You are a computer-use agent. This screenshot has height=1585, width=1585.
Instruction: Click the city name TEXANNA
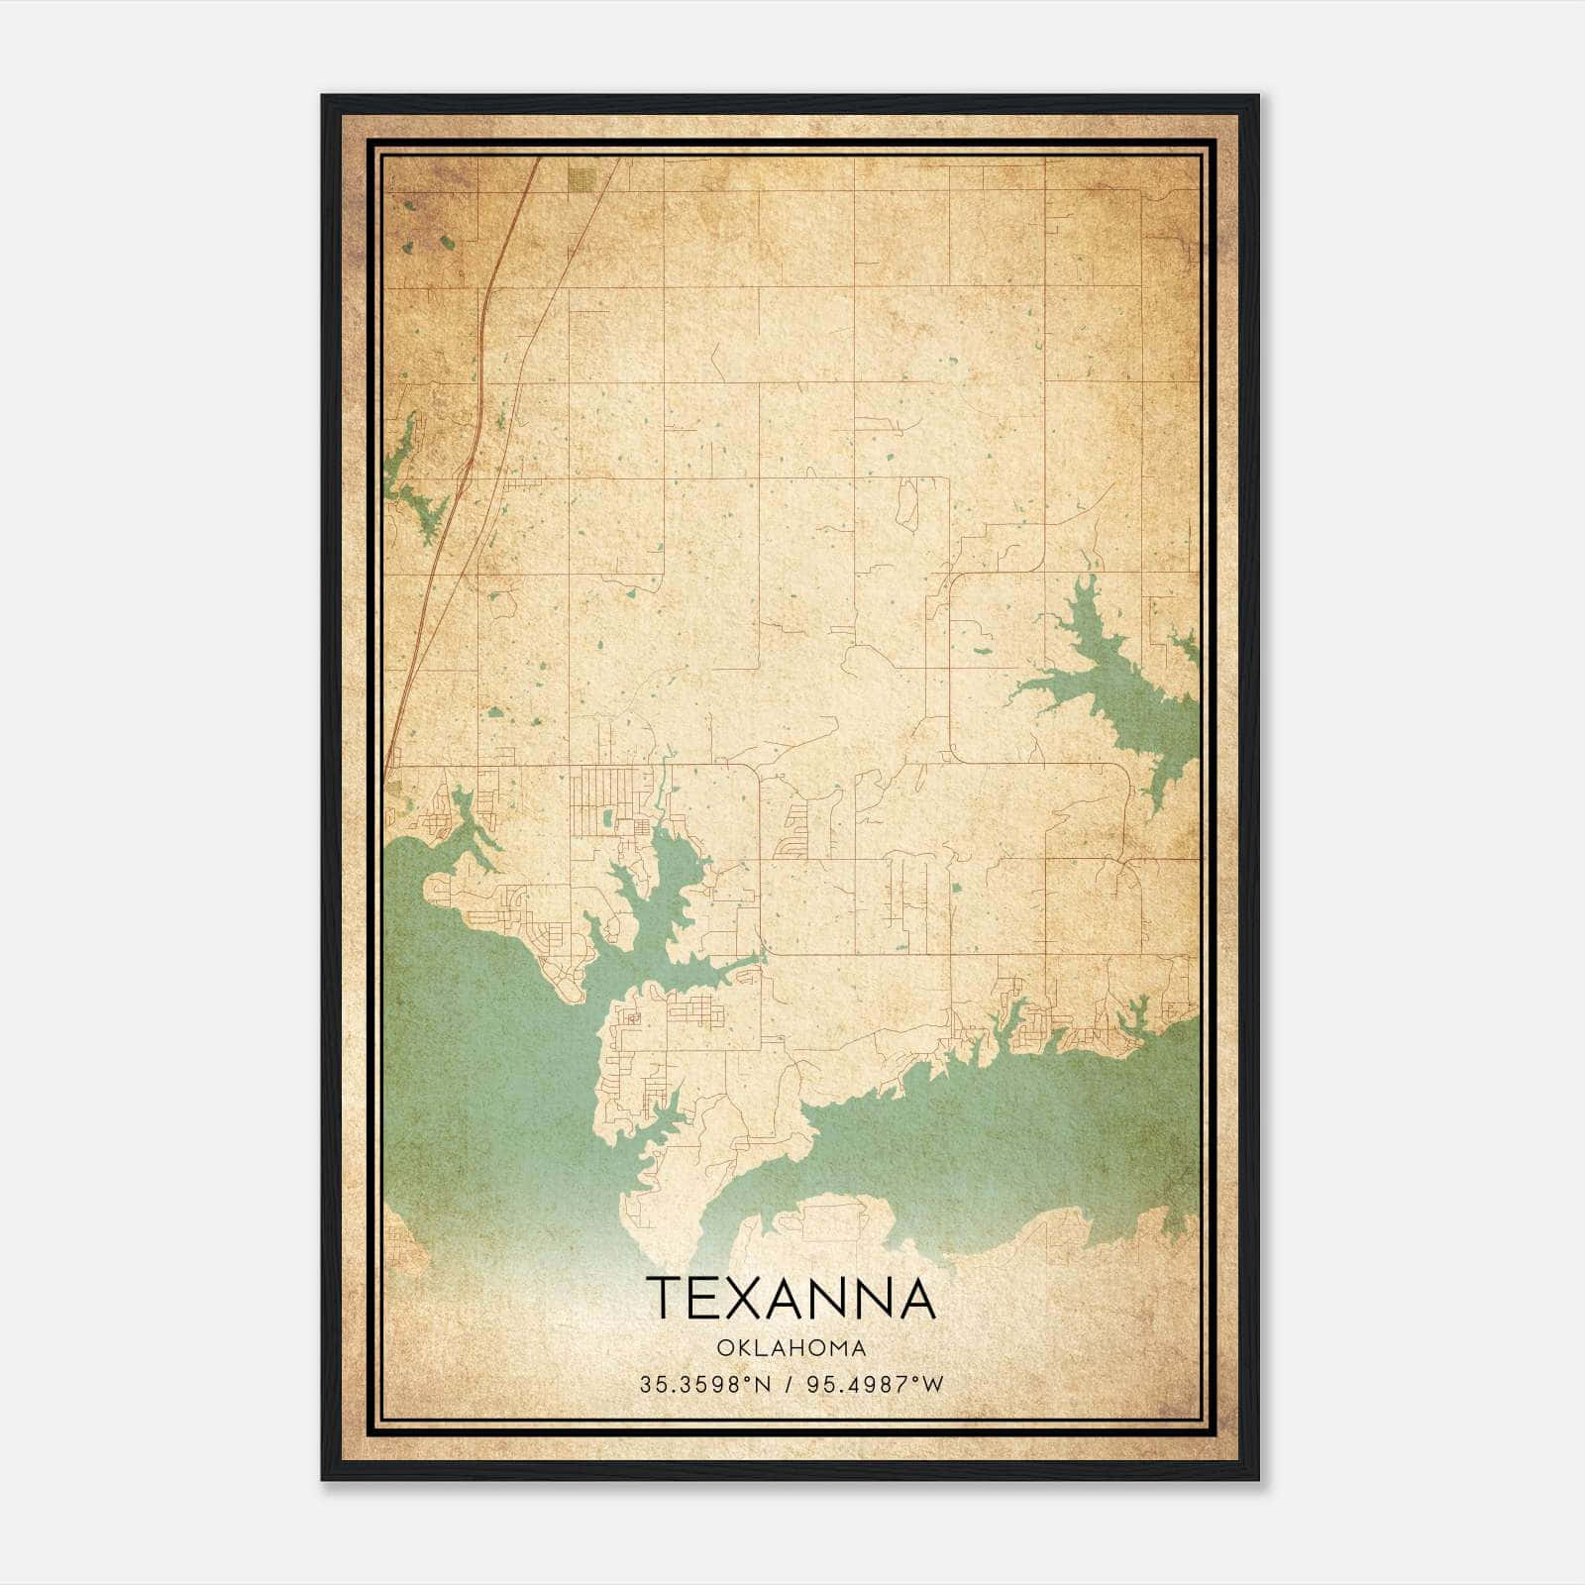tap(791, 1299)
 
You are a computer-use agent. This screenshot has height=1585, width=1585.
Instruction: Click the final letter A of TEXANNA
tap(917, 1299)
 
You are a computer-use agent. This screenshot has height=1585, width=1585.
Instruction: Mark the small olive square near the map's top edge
tap(582, 178)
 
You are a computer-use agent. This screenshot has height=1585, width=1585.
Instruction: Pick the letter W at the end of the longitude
tap(933, 1385)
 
